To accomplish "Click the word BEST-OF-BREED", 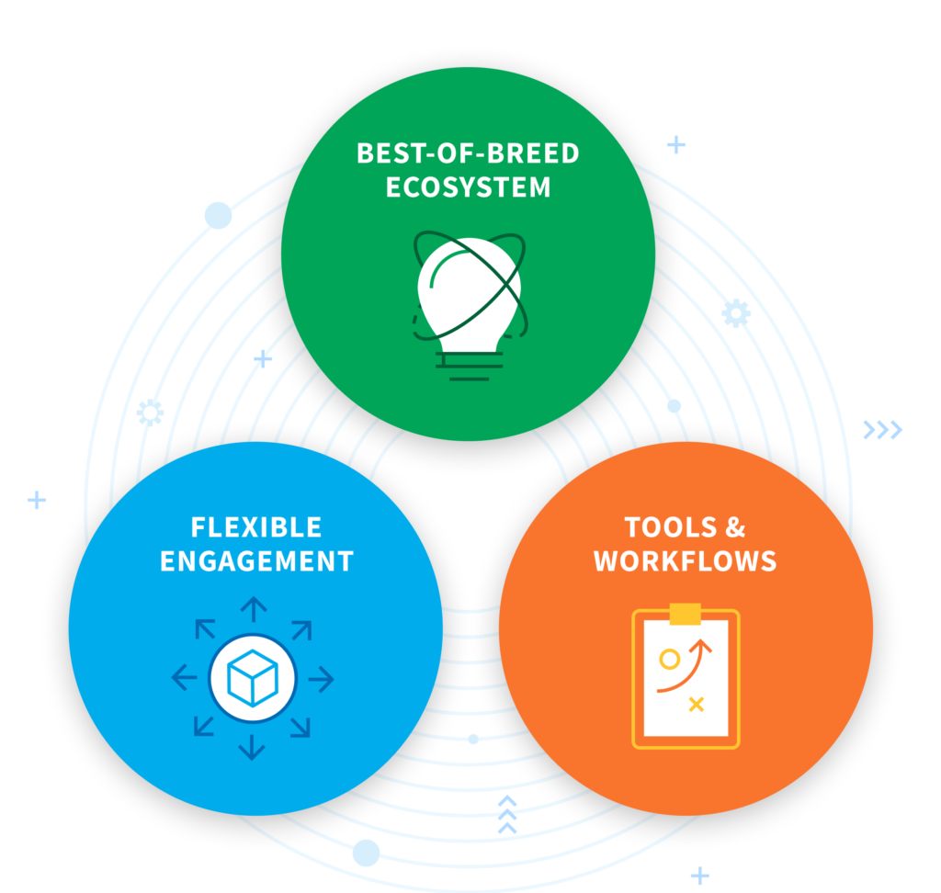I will [468, 153].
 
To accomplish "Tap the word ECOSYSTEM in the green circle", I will [468, 187].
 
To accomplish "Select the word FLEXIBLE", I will [256, 527].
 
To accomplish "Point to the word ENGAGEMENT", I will [256, 560].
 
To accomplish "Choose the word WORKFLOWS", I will [686, 560].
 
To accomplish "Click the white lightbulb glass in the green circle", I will [469, 285].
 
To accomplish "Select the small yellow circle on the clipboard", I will [670, 659].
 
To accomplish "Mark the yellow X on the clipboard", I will [697, 705].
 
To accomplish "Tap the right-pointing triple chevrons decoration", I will [882, 429].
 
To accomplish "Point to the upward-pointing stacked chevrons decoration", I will [506, 815].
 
